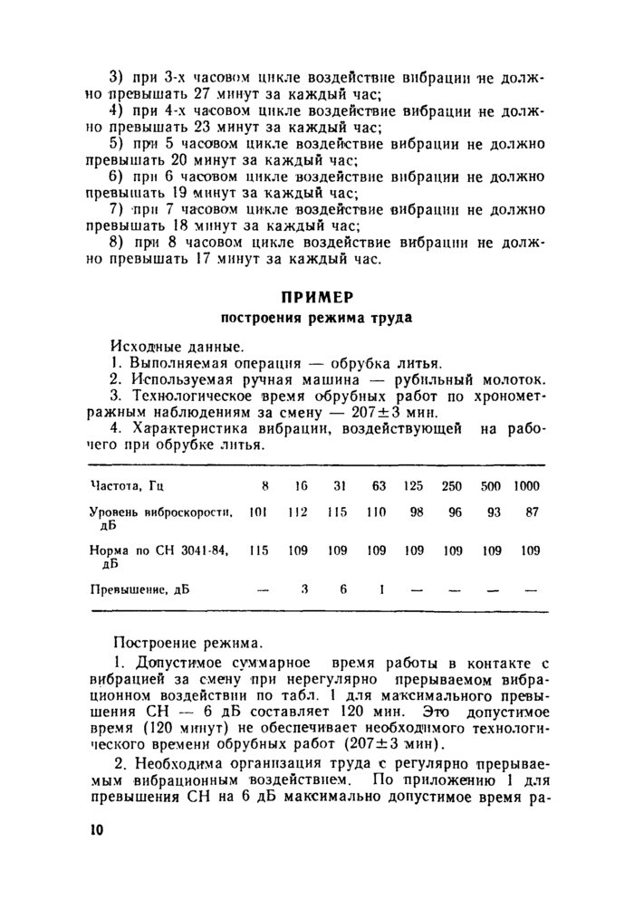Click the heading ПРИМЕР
(x=317, y=297)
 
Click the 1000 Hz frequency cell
(x=526, y=486)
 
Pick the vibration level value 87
(x=532, y=512)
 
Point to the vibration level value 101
(x=258, y=512)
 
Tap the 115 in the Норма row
(x=259, y=550)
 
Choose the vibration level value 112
(x=298, y=512)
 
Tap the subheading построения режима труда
(x=317, y=319)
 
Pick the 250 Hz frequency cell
(x=452, y=486)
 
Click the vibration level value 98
(x=417, y=512)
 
